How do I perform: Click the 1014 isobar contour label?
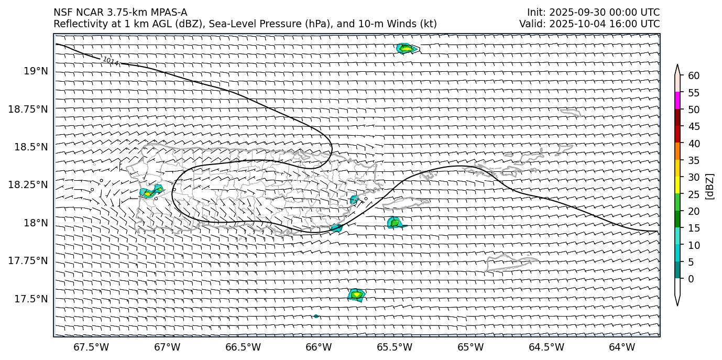(x=111, y=61)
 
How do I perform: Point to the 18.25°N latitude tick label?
(x=28, y=185)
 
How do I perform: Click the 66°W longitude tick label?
(x=319, y=347)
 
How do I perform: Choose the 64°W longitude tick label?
(x=622, y=347)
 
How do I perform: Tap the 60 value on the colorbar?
(x=694, y=76)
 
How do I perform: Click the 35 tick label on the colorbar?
(x=694, y=160)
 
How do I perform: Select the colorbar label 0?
(x=691, y=279)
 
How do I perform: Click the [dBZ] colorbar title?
(x=710, y=186)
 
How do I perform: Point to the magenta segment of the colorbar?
(x=677, y=101)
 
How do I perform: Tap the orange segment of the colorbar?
(x=677, y=151)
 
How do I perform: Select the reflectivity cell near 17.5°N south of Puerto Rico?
(x=357, y=294)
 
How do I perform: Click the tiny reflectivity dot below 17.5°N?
(x=316, y=316)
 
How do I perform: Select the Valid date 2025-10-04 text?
(x=571, y=24)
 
